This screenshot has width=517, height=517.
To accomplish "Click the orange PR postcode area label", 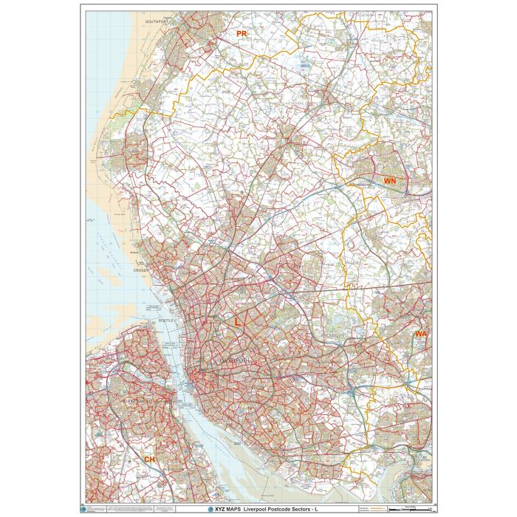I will (241, 34).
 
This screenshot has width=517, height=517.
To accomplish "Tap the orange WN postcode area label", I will (391, 180).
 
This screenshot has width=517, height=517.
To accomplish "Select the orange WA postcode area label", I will (421, 334).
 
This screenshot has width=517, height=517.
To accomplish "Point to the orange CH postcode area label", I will (150, 459).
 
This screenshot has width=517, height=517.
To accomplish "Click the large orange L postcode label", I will (237, 322).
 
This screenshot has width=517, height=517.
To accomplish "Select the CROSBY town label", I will (142, 270).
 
